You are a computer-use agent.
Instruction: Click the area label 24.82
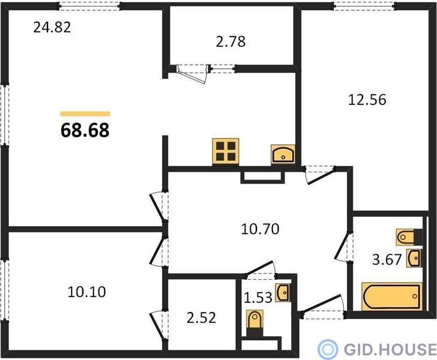52,28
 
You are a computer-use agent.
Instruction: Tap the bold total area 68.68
85,130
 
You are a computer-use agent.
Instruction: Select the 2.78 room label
231,41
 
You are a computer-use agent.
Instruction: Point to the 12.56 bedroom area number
367,100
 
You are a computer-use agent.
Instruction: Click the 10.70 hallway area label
260,229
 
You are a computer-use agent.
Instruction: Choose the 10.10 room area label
86,292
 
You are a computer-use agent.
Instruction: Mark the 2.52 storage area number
201,318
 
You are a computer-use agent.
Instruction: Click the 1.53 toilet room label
258,298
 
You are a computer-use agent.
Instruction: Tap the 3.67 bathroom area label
387,260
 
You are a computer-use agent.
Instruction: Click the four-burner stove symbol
226,151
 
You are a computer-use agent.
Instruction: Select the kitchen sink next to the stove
283,154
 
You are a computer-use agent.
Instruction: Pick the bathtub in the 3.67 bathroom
391,296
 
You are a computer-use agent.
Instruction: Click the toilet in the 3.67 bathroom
409,237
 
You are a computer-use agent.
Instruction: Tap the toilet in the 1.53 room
255,323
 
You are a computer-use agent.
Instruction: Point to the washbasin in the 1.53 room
283,293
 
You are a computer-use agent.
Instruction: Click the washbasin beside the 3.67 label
414,258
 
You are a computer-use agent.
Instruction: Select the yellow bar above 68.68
85,113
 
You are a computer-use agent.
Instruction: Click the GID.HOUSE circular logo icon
328,349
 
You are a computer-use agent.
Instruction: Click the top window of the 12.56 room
364,6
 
